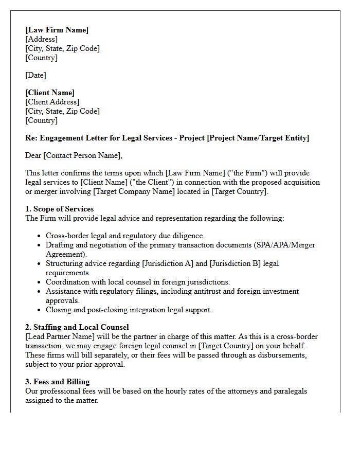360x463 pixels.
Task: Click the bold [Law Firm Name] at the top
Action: (57, 30)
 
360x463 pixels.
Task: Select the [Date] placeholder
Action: (35, 75)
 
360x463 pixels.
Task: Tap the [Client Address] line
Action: (52, 102)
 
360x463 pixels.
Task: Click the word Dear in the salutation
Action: (33, 155)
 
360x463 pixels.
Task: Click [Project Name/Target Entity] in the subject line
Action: (258, 138)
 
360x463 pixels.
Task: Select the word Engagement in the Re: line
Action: (61, 138)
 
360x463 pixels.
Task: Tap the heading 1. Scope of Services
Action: (59, 209)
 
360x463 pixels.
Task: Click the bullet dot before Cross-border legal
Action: (40, 236)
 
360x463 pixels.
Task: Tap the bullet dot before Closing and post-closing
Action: (40, 310)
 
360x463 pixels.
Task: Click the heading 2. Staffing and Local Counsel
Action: (77, 327)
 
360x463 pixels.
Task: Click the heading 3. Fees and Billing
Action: (57, 382)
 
